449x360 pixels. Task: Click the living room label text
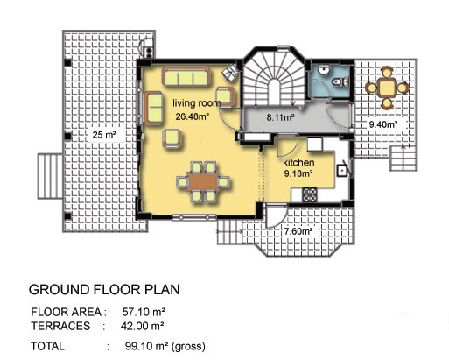coord(197,103)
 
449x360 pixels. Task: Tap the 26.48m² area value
coord(193,116)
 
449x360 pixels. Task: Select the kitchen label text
coord(298,162)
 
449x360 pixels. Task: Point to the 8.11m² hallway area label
coord(280,117)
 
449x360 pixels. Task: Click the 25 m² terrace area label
coord(104,135)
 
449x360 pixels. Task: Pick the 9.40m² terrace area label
coord(383,124)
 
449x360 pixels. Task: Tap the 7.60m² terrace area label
coord(298,231)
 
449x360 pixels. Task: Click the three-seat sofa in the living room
coord(186,77)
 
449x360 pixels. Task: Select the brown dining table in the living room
coord(203,181)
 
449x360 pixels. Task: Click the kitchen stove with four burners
coord(310,195)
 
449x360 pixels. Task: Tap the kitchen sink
coord(341,170)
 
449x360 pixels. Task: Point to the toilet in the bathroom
coord(340,81)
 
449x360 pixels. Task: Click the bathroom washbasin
coord(324,70)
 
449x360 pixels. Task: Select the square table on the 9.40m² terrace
coord(387,88)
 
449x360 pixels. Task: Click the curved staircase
coord(274,79)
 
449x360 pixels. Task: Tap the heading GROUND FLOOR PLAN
coord(104,289)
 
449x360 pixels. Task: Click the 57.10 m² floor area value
coord(144,312)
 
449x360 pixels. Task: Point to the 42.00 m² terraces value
coord(143,326)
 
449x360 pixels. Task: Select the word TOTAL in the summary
coord(47,346)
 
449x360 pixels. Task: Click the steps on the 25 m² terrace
coord(50,177)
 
